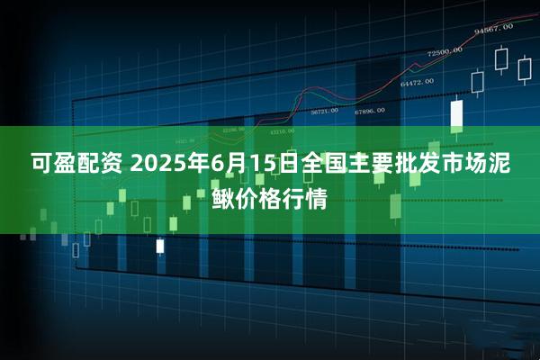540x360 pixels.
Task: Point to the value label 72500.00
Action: pos(444,51)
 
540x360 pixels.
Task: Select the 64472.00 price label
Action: pos(415,82)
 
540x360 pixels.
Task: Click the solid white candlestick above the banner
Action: pos(456,113)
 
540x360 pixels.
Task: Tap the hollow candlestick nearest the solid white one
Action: pos(478,82)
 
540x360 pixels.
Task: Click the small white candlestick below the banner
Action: pos(160,245)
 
